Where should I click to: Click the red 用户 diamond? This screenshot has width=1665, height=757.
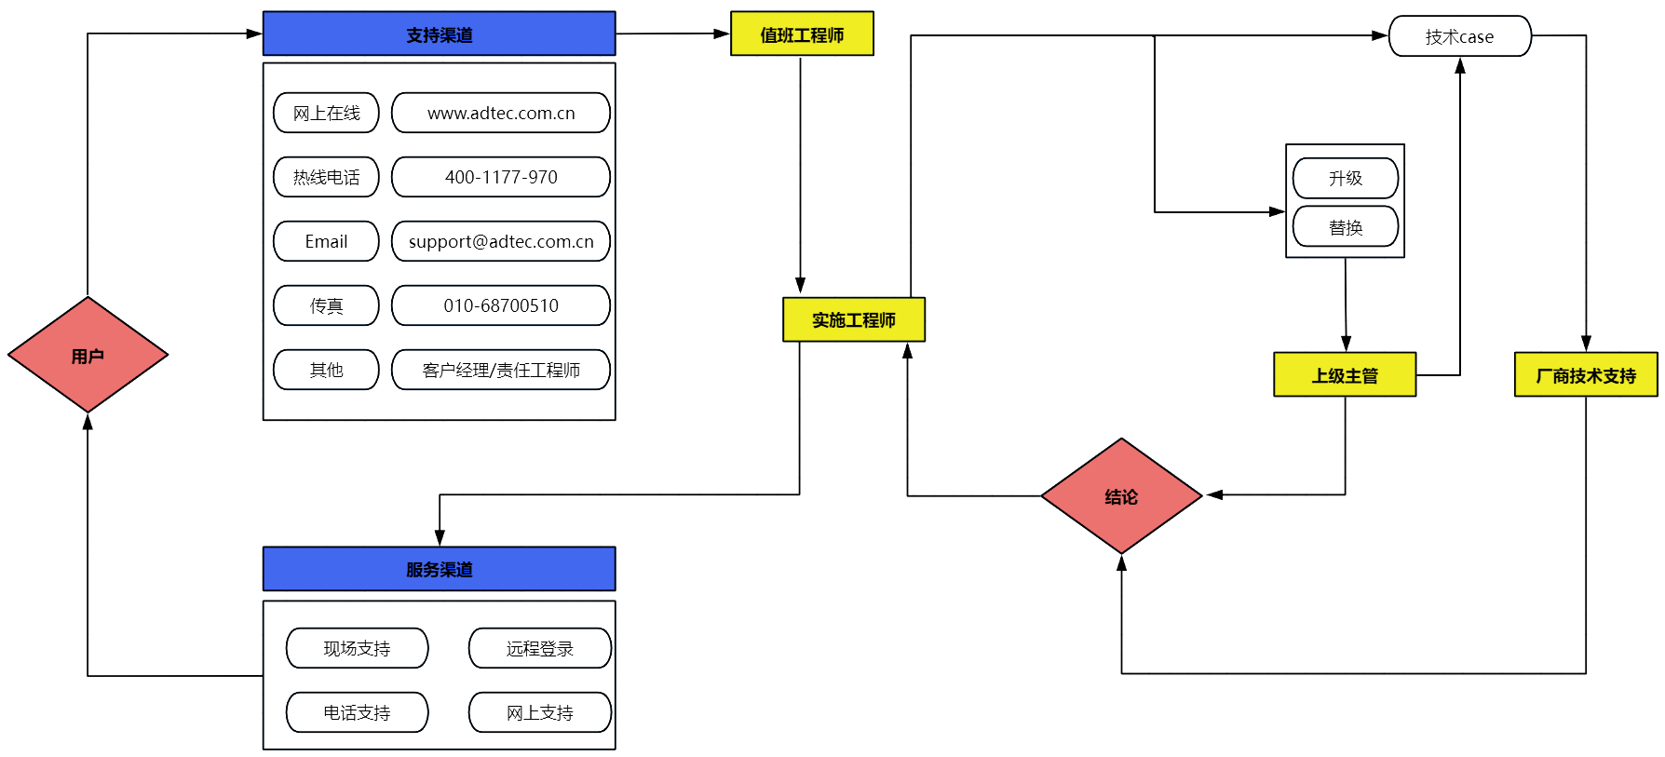click(88, 355)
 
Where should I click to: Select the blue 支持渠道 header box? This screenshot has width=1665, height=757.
click(439, 34)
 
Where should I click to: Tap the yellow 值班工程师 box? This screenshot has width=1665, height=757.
click(802, 34)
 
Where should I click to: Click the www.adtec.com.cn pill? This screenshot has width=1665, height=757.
click(501, 113)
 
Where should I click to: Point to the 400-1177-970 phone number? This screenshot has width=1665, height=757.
click(501, 177)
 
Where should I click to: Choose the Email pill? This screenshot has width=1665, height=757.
click(326, 241)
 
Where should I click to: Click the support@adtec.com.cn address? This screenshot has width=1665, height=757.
click(501, 241)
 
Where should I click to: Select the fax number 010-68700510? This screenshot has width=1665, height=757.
click(501, 305)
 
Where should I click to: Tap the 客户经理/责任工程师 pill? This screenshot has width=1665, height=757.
click(501, 370)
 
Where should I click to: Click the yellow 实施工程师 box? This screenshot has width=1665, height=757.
click(854, 320)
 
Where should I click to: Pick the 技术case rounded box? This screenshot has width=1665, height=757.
click(1459, 36)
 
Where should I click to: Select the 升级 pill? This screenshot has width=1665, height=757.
click(1346, 178)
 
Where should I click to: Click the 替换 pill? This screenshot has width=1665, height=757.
click(1346, 227)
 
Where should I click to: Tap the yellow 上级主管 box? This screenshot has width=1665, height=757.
click(1345, 375)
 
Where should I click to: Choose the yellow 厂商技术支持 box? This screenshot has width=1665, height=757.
click(1586, 375)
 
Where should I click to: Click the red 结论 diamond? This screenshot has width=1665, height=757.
click(1121, 496)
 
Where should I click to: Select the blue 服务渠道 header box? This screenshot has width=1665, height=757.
click(439, 569)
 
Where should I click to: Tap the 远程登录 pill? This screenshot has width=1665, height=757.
click(540, 648)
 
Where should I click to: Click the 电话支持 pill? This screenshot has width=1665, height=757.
click(357, 712)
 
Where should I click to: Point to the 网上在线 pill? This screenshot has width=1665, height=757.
click(326, 113)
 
